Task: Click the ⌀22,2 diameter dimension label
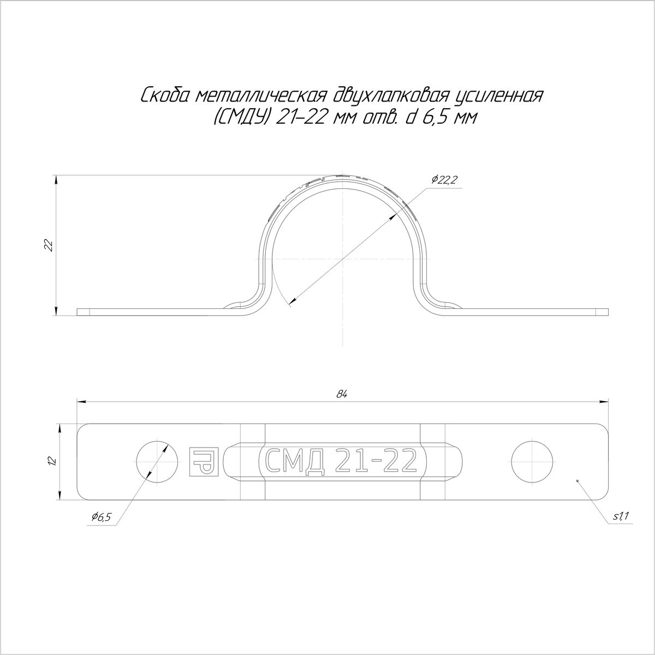pyautogui.click(x=443, y=180)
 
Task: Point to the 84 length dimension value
pyautogui.click(x=342, y=394)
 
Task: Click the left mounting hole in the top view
pyautogui.click(x=157, y=462)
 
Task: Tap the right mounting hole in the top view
pyautogui.click(x=532, y=462)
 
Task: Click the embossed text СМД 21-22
pyautogui.click(x=342, y=462)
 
